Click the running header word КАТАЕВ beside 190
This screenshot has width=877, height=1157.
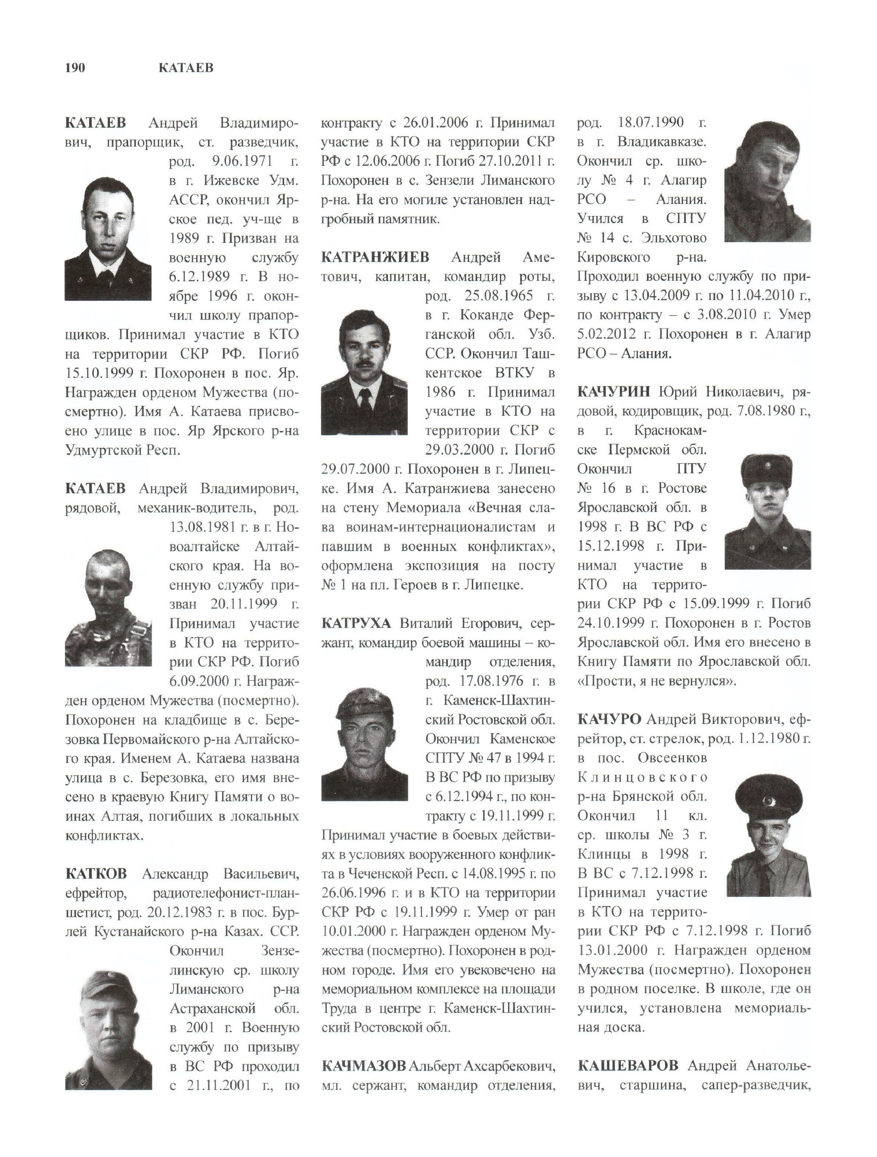[x=186, y=68]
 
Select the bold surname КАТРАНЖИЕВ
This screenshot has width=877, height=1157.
[x=375, y=257]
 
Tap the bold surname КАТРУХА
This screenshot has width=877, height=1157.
[x=356, y=623]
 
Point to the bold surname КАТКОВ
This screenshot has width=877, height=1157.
[x=96, y=873]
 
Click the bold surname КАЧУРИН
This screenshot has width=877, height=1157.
[x=614, y=392]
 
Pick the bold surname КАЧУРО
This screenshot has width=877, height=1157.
[x=609, y=719]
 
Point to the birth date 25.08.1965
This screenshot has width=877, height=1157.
[x=498, y=296]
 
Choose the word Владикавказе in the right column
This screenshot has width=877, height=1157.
[x=661, y=142]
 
